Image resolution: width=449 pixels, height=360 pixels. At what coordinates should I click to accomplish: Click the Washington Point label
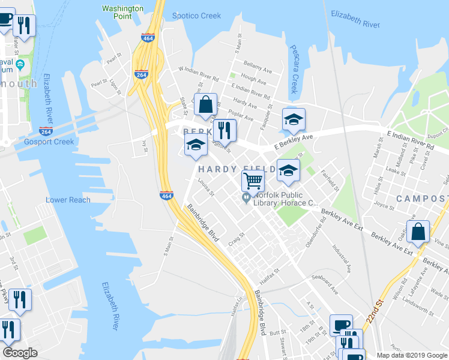tap(122, 13)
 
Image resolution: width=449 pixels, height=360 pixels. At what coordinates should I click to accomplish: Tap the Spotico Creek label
tap(196, 16)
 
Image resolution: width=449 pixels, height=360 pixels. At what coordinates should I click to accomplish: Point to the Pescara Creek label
tap(294, 69)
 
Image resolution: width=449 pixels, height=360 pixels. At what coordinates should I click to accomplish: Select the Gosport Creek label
tap(49, 142)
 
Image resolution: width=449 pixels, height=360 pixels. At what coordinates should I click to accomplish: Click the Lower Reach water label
tap(68, 200)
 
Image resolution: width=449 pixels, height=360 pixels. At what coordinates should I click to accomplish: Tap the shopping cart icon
tap(253, 179)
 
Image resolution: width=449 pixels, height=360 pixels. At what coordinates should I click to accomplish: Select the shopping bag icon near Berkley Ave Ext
tap(418, 231)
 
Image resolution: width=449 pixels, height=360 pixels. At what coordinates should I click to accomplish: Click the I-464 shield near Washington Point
tap(148, 38)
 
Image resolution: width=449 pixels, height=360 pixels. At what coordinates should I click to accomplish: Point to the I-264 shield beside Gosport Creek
tap(46, 131)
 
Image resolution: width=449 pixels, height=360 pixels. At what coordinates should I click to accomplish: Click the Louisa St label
tap(204, 189)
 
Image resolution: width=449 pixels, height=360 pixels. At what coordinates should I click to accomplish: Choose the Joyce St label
tap(383, 206)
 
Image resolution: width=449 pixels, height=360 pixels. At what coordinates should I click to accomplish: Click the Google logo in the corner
tap(20, 353)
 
